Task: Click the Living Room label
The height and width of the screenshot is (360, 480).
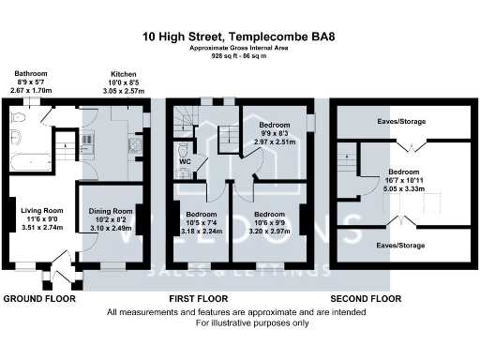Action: point(40,211)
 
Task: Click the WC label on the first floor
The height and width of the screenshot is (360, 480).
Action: point(185,171)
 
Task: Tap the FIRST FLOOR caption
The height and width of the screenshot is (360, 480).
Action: point(194,298)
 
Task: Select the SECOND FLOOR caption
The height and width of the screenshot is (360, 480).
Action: point(366,298)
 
